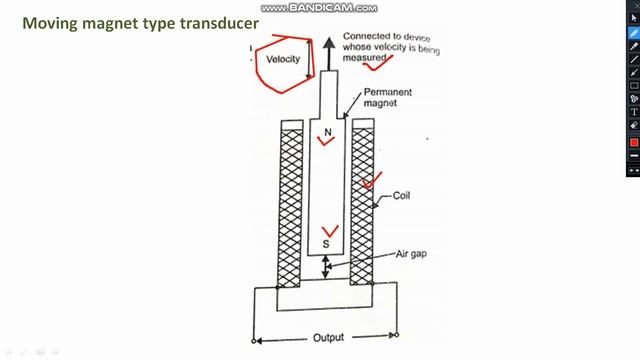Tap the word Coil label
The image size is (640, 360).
pyautogui.click(x=404, y=197)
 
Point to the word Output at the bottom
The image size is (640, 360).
pyautogui.click(x=329, y=338)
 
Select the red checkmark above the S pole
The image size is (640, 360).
pyautogui.click(x=329, y=231)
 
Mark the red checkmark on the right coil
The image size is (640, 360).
pyautogui.click(x=373, y=181)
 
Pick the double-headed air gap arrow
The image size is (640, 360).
pyautogui.click(x=327, y=266)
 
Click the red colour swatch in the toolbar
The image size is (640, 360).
pyautogui.click(x=633, y=142)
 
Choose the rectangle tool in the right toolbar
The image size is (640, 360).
pyautogui.click(x=633, y=85)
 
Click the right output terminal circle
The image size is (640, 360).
pyautogui.click(x=397, y=335)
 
